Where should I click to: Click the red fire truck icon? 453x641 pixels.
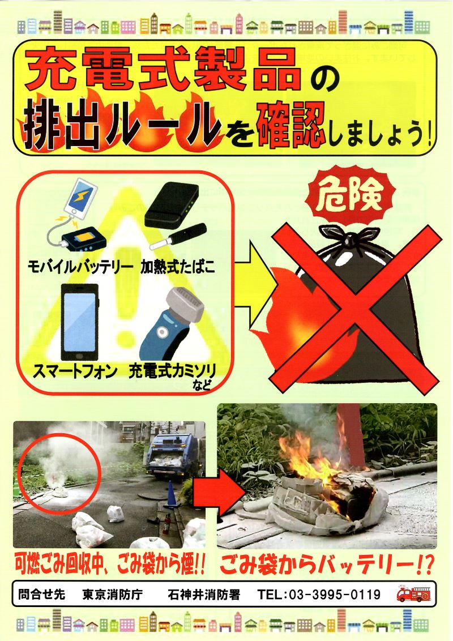[x=413, y=594]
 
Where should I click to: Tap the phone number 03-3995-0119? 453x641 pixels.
[x=335, y=595]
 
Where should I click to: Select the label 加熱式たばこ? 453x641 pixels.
[x=178, y=267]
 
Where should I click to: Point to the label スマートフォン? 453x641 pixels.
[x=75, y=371]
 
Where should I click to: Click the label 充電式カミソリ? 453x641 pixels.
[x=172, y=371]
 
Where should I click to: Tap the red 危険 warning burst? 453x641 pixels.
[x=350, y=195]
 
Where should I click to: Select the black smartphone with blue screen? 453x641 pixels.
[x=80, y=322]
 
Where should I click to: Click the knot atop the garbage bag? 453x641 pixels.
[x=348, y=236]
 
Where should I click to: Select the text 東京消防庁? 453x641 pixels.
[x=113, y=595]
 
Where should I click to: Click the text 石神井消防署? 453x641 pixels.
[x=204, y=595]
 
